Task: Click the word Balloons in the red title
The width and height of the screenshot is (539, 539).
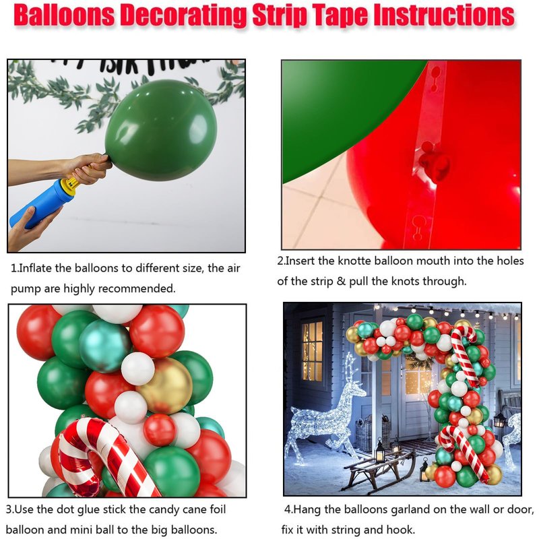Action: (64, 15)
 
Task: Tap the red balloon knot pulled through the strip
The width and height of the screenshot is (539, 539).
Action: (435, 166)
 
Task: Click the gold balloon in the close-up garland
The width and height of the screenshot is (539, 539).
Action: (164, 385)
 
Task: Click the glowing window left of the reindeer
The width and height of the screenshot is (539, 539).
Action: (312, 350)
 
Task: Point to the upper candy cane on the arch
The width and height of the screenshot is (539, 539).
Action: (465, 354)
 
